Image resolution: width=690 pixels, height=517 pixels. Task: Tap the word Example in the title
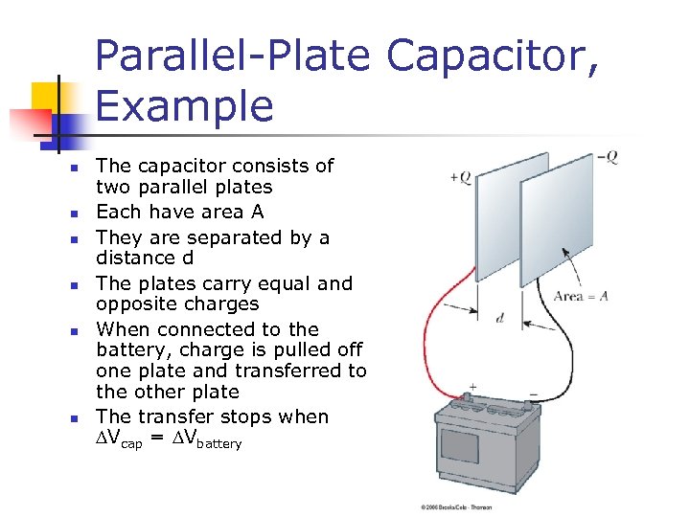[x=184, y=105]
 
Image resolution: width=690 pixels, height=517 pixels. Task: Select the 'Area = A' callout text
[x=580, y=296]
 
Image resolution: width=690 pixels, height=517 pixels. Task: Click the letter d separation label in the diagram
[x=500, y=318]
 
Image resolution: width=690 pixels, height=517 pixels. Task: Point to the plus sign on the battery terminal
[x=471, y=386]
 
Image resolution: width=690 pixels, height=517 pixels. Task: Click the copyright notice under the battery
[x=456, y=506]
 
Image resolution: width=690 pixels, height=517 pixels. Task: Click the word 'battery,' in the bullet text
[x=132, y=349]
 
